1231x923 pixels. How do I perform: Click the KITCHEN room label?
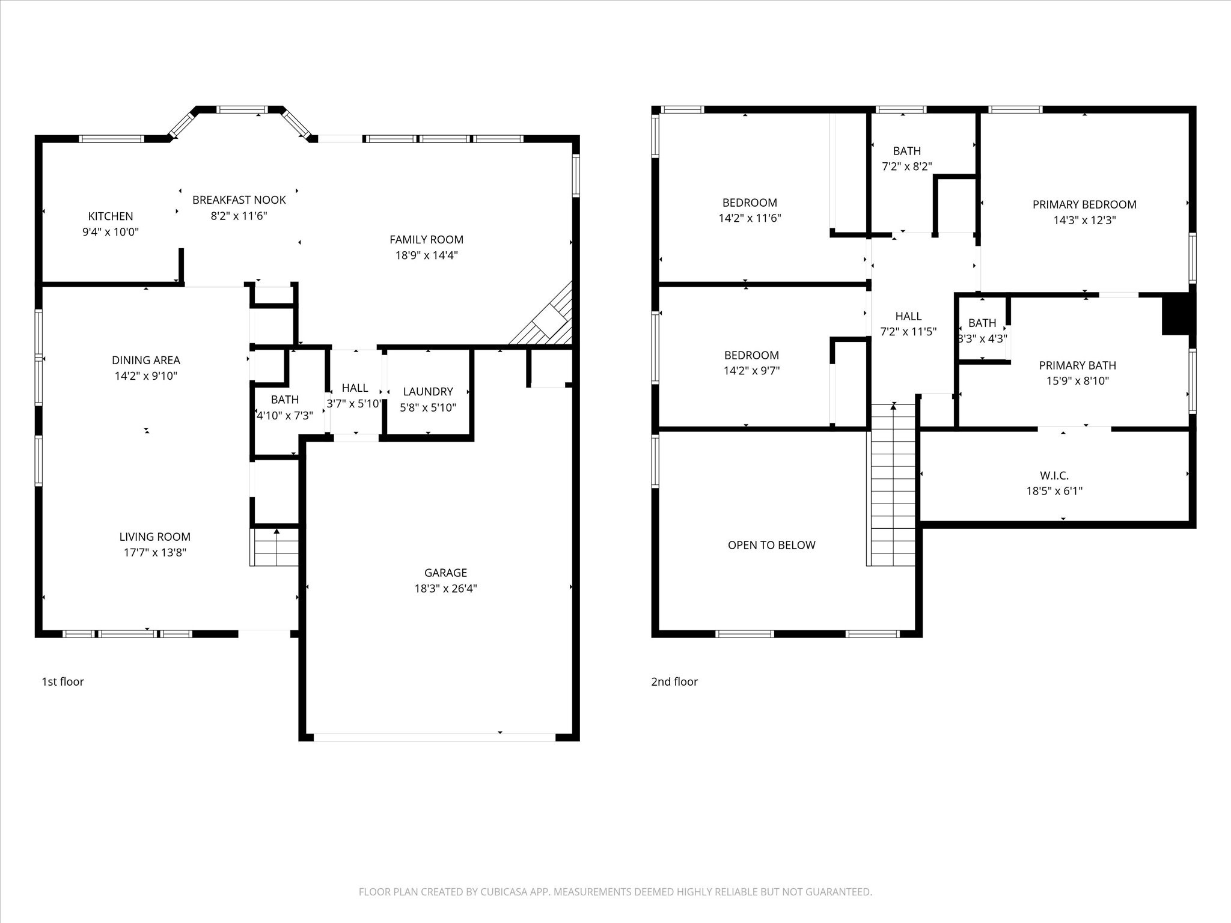111,216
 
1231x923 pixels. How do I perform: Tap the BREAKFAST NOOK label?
239,200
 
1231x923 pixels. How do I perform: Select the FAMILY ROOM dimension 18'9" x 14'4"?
427,255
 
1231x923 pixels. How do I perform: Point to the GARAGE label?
445,573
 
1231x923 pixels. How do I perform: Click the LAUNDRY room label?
428,392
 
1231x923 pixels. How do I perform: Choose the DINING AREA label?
146,361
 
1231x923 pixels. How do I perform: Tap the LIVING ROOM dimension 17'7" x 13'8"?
155,553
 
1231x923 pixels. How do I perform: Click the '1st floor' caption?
63,681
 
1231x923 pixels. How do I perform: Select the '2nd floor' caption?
674,681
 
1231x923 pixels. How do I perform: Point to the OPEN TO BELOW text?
772,545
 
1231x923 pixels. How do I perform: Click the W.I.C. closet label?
1054,475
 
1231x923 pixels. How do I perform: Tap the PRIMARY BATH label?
1078,365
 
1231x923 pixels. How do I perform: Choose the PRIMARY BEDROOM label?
1084,205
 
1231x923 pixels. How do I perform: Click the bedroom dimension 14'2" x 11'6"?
750,218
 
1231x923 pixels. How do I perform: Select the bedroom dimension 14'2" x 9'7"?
751,371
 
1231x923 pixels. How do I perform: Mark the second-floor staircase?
893,484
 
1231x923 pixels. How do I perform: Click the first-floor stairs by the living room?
275,547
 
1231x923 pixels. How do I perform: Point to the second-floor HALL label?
908,316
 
